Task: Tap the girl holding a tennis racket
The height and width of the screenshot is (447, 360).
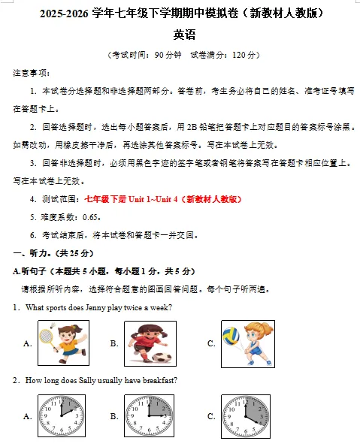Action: click(x=63, y=343)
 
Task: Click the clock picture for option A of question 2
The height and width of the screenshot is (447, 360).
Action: click(x=63, y=415)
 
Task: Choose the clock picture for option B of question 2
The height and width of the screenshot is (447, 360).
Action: click(x=149, y=415)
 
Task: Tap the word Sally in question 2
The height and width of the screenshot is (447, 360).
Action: click(x=96, y=380)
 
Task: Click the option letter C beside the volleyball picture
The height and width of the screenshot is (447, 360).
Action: click(x=211, y=343)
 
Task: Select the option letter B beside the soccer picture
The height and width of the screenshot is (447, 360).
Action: click(x=114, y=343)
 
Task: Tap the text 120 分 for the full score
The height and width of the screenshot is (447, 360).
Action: click(x=244, y=55)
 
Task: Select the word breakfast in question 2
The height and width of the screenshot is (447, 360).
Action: click(x=160, y=380)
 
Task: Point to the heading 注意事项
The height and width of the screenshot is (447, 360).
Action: click(x=31, y=73)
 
